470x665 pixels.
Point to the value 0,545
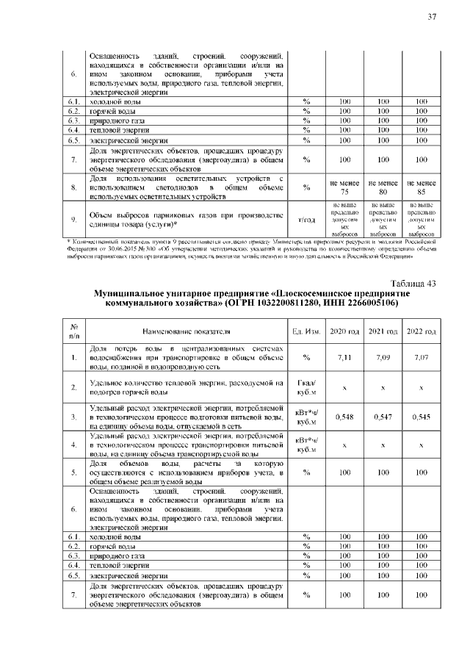coord(422,417)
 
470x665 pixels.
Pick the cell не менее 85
coord(422,187)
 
